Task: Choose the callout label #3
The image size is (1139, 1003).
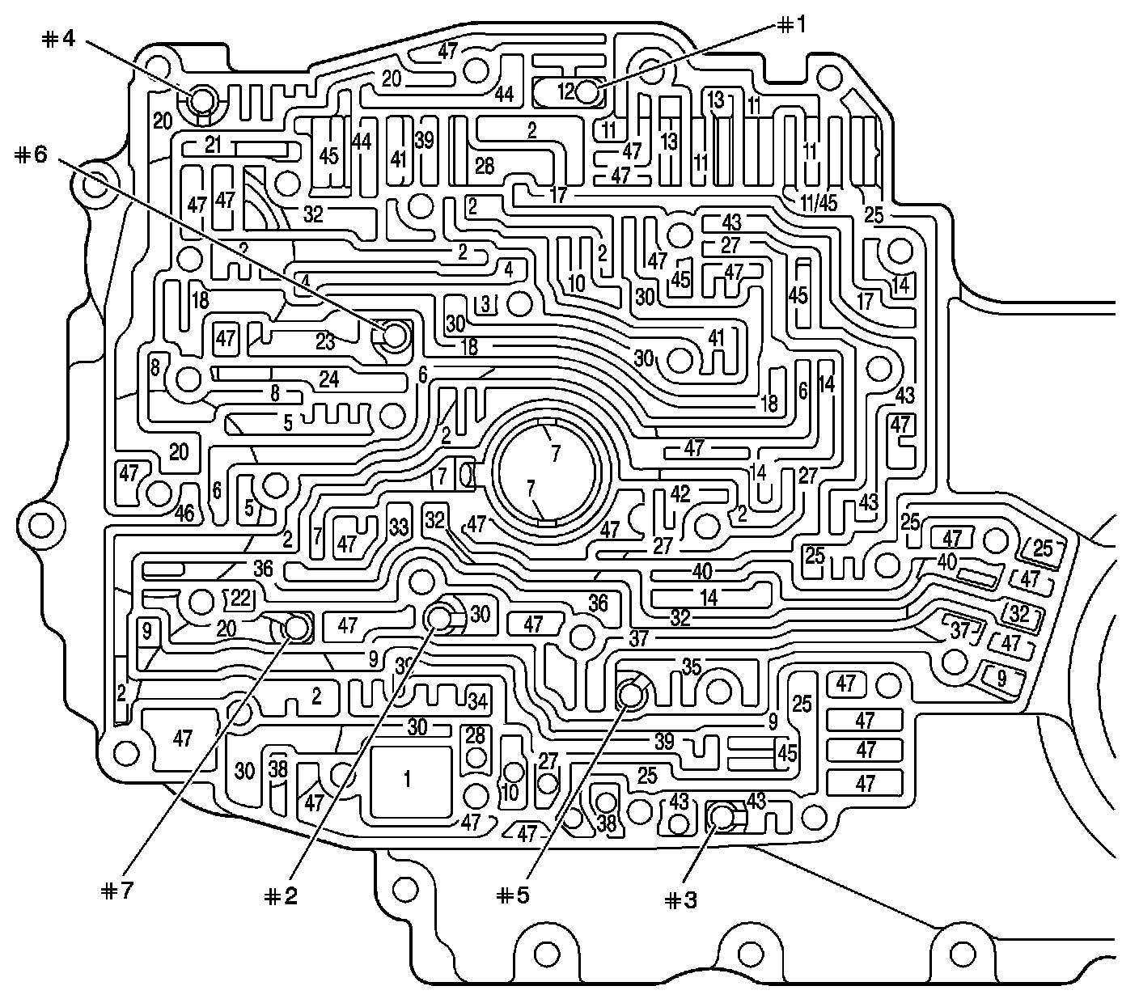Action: tap(680, 900)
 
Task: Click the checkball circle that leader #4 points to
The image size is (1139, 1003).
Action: tap(200, 102)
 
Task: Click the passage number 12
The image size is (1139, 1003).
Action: tap(565, 91)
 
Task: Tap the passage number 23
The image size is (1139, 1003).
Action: tap(325, 342)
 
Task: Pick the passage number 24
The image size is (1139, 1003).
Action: tap(328, 379)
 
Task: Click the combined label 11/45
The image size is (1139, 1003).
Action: tap(819, 202)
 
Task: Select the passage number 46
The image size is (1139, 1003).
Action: tap(184, 513)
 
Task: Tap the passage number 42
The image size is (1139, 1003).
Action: tap(680, 493)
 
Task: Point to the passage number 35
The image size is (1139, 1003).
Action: tap(691, 668)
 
